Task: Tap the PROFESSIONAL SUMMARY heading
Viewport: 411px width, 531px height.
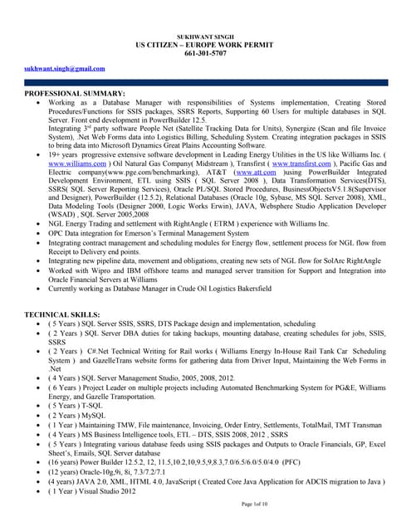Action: pyautogui.click(x=75, y=95)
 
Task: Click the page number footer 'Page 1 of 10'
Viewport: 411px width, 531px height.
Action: pyautogui.click(x=258, y=503)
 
